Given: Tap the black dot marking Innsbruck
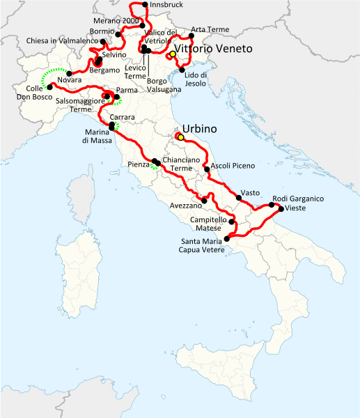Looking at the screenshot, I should click(x=144, y=5).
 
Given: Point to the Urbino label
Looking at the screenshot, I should click(x=200, y=129).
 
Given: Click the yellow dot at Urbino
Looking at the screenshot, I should click(x=180, y=137).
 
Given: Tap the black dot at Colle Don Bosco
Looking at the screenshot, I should click(x=49, y=88).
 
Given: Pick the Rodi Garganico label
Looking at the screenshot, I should click(x=297, y=199).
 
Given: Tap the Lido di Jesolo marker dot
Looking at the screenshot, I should click(x=181, y=70).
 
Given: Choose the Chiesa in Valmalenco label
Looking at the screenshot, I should click(x=61, y=41).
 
